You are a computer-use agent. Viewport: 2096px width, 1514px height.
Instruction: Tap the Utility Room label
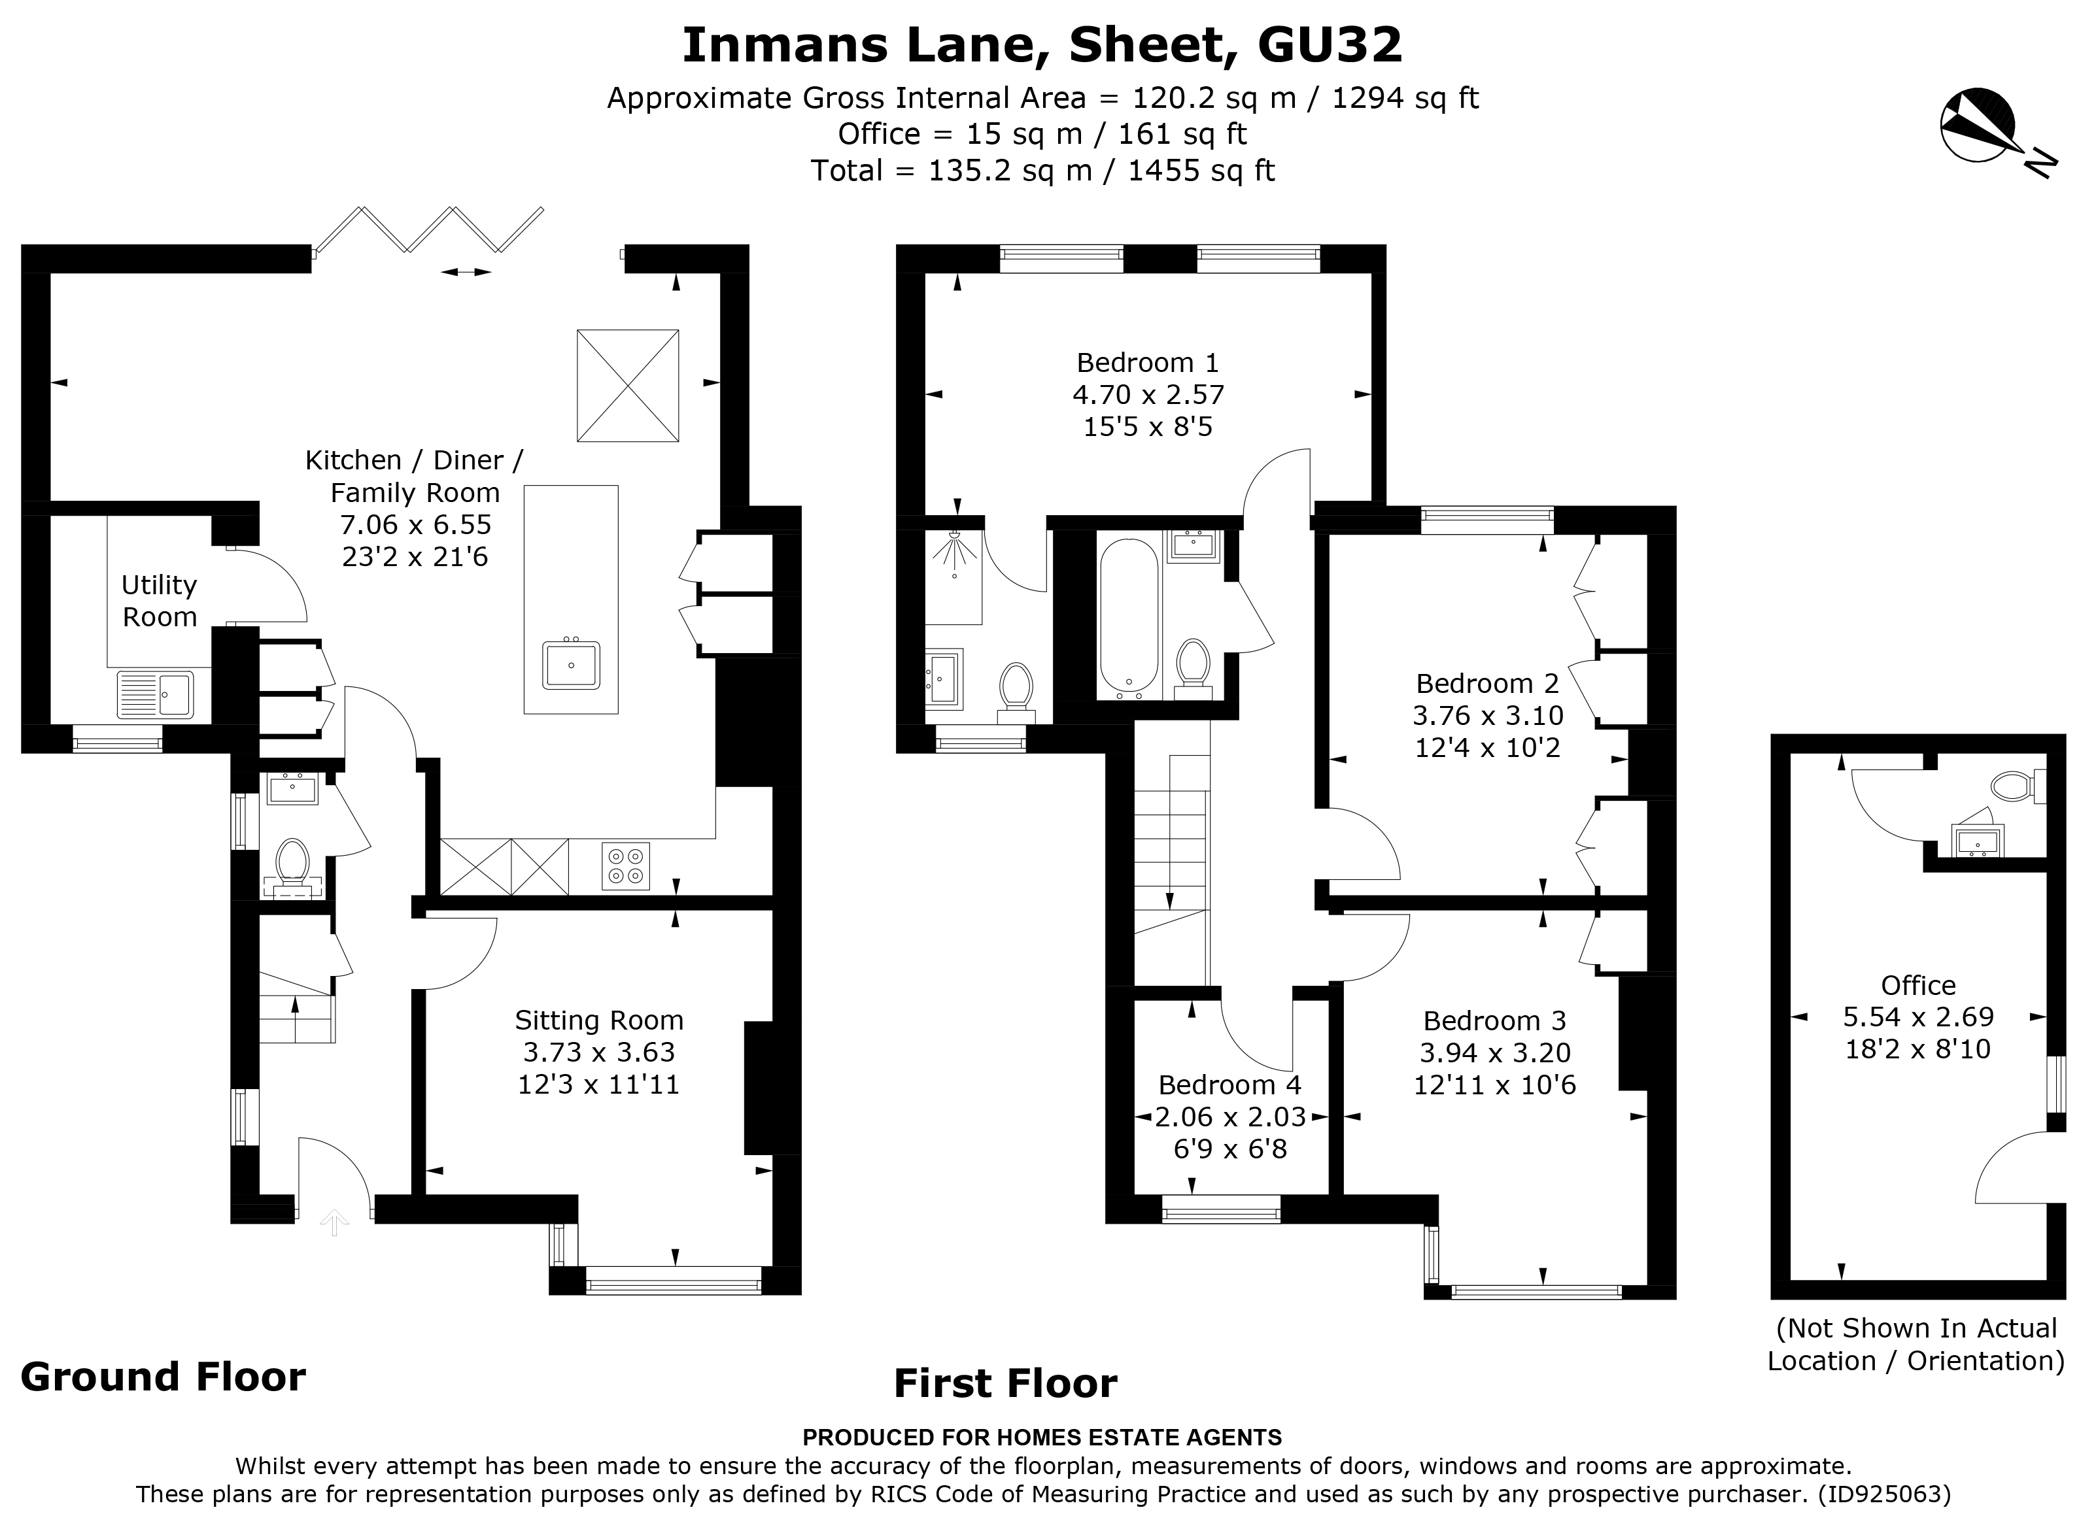click(159, 600)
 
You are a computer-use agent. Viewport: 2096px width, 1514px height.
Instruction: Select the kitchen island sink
click(571, 665)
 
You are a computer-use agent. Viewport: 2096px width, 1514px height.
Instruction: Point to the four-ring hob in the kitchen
click(626, 866)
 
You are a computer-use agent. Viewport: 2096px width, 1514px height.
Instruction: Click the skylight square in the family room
click(628, 385)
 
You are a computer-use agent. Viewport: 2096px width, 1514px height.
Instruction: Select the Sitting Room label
click(599, 1020)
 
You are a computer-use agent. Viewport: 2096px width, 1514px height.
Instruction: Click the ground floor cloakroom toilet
click(293, 861)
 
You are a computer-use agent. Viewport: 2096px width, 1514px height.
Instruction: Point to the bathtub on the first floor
click(1127, 617)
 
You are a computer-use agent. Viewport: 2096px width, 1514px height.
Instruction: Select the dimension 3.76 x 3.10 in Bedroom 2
click(1487, 715)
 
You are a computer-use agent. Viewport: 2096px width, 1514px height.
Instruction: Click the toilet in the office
click(2011, 787)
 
